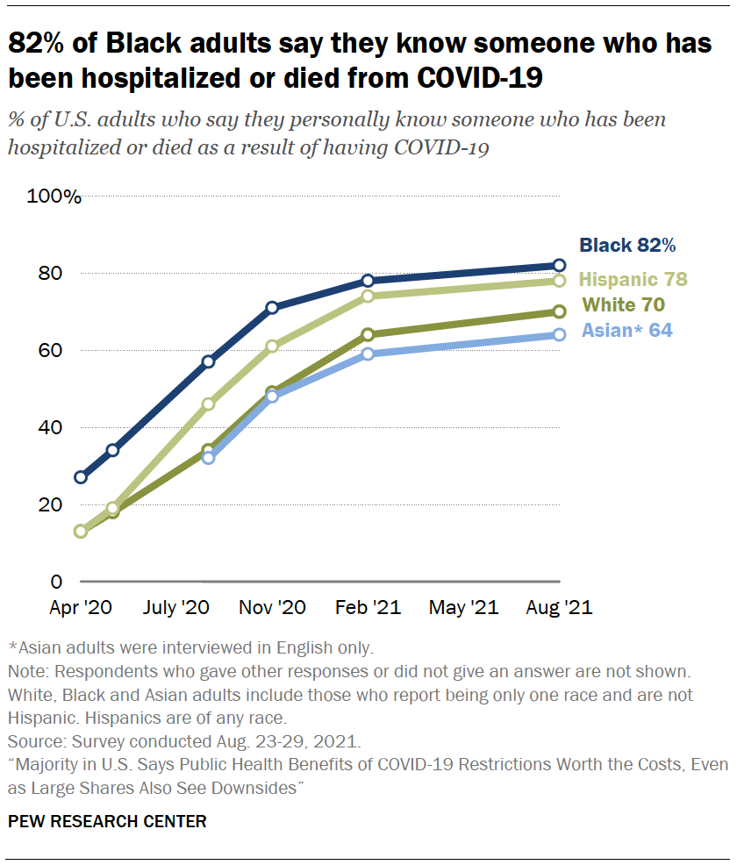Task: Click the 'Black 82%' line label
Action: coord(626,246)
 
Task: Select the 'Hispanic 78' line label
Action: coord(633,280)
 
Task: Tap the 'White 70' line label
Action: coord(623,305)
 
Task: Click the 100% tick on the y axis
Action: coord(54,197)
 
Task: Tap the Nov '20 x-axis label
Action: coord(272,607)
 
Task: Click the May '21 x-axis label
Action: coord(464,607)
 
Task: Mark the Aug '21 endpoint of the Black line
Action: coord(559,265)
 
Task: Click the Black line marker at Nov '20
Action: coord(272,307)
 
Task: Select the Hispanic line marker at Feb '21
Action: coord(368,296)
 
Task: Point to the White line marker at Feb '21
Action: coord(368,334)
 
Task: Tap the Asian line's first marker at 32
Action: coord(208,458)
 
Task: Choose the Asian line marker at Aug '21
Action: coord(559,334)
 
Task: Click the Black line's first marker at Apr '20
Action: coord(81,477)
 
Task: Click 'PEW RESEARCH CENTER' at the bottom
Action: coord(108,822)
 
